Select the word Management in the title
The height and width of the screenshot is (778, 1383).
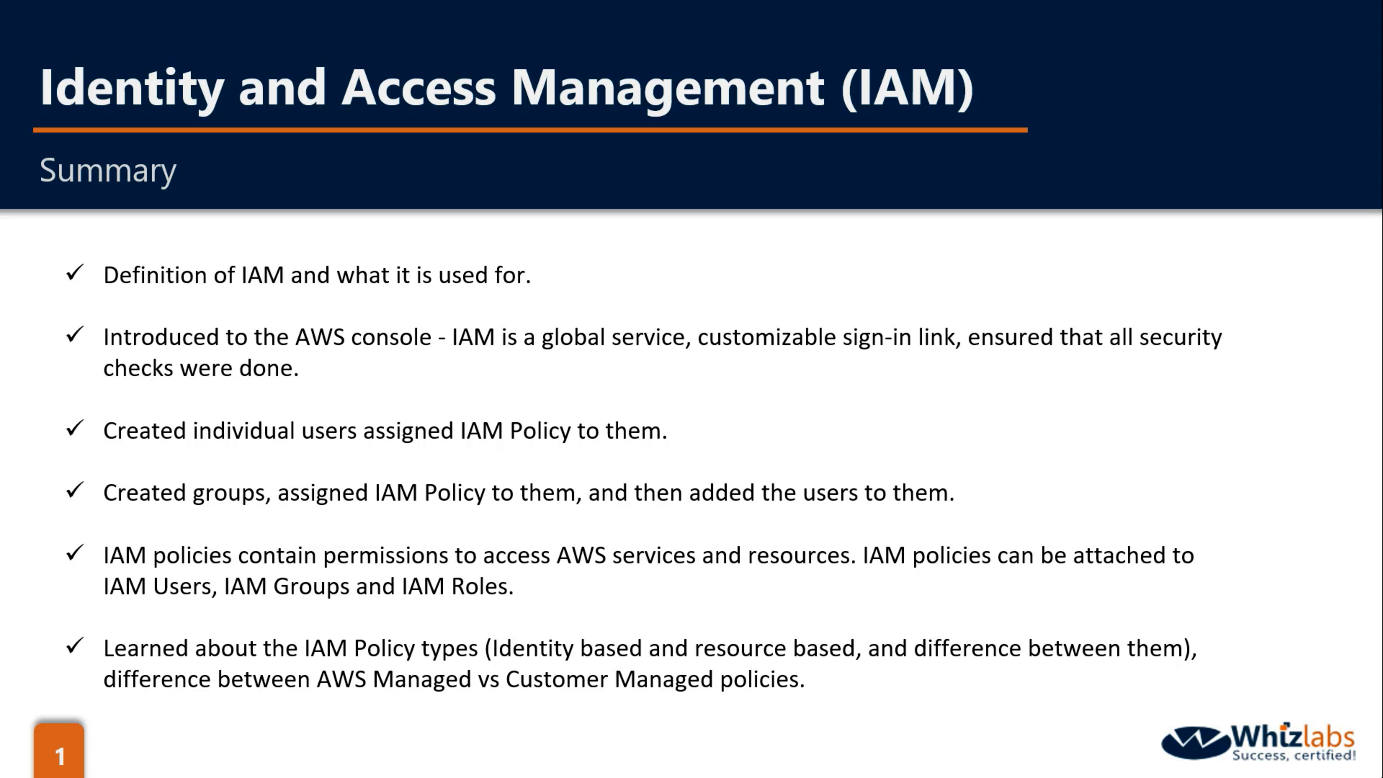tap(667, 89)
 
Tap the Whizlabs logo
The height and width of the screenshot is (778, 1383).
tap(1258, 743)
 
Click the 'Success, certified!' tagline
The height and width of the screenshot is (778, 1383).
tap(1294, 755)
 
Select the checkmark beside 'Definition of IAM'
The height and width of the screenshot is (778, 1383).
tap(75, 273)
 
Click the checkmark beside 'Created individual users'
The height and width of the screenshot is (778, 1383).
tap(75, 429)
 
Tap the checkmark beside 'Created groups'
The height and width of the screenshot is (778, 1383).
tap(75, 490)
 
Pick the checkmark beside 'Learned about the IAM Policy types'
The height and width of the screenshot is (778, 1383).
tap(75, 646)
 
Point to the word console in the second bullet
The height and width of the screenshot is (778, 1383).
tap(391, 337)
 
